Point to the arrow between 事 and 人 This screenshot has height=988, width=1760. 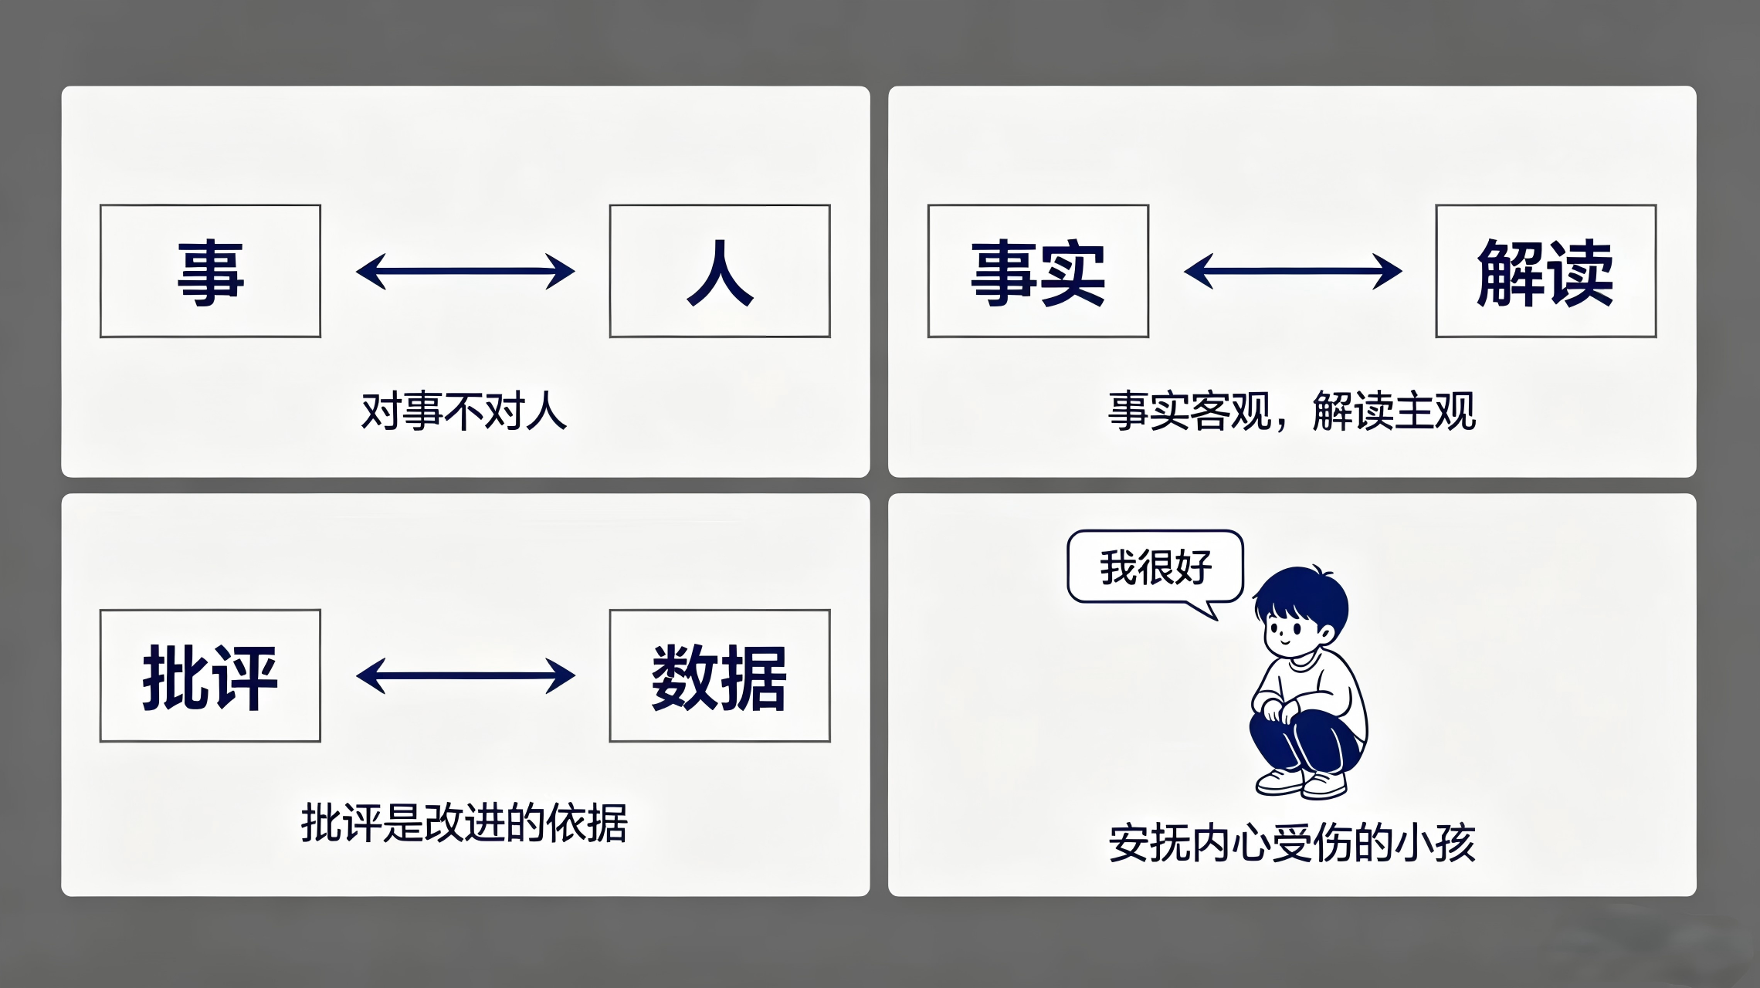pos(466,271)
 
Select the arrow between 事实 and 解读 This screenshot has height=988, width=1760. pos(1293,271)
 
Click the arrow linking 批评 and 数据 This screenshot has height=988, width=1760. pos(466,676)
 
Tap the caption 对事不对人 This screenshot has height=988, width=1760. pos(464,411)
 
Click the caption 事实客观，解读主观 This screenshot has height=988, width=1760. pos(1292,411)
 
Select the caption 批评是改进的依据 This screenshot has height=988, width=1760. pos(464,823)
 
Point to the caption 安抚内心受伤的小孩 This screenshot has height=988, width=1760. pos(1292,843)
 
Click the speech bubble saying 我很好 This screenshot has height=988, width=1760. pos(1155,567)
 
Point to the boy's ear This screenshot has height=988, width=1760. pos(1325,634)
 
